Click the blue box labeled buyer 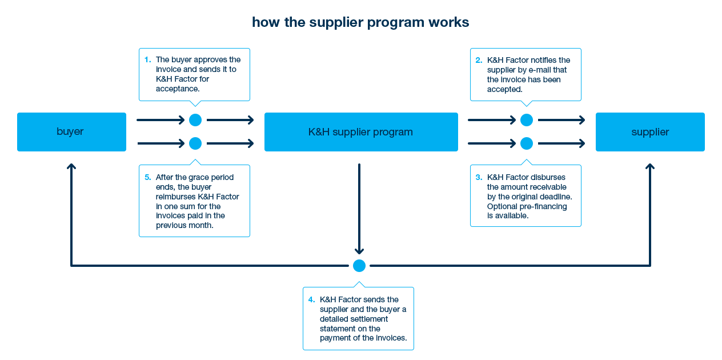(x=71, y=132)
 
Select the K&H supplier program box (x=360, y=132)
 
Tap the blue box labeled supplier (x=650, y=132)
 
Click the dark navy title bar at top (x=360, y=23)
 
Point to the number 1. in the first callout (x=147, y=59)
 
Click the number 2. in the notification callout (x=479, y=60)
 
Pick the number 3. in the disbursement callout (x=479, y=177)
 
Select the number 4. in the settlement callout (x=311, y=299)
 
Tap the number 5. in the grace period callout (x=147, y=177)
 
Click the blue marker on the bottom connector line (x=359, y=266)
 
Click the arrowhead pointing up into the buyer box (x=71, y=166)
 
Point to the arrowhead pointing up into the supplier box (x=649, y=166)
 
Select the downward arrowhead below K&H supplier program (x=359, y=251)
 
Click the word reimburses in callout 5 (x=175, y=197)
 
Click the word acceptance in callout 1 (x=177, y=89)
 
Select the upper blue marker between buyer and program (x=195, y=120)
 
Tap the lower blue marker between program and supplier (x=526, y=143)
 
